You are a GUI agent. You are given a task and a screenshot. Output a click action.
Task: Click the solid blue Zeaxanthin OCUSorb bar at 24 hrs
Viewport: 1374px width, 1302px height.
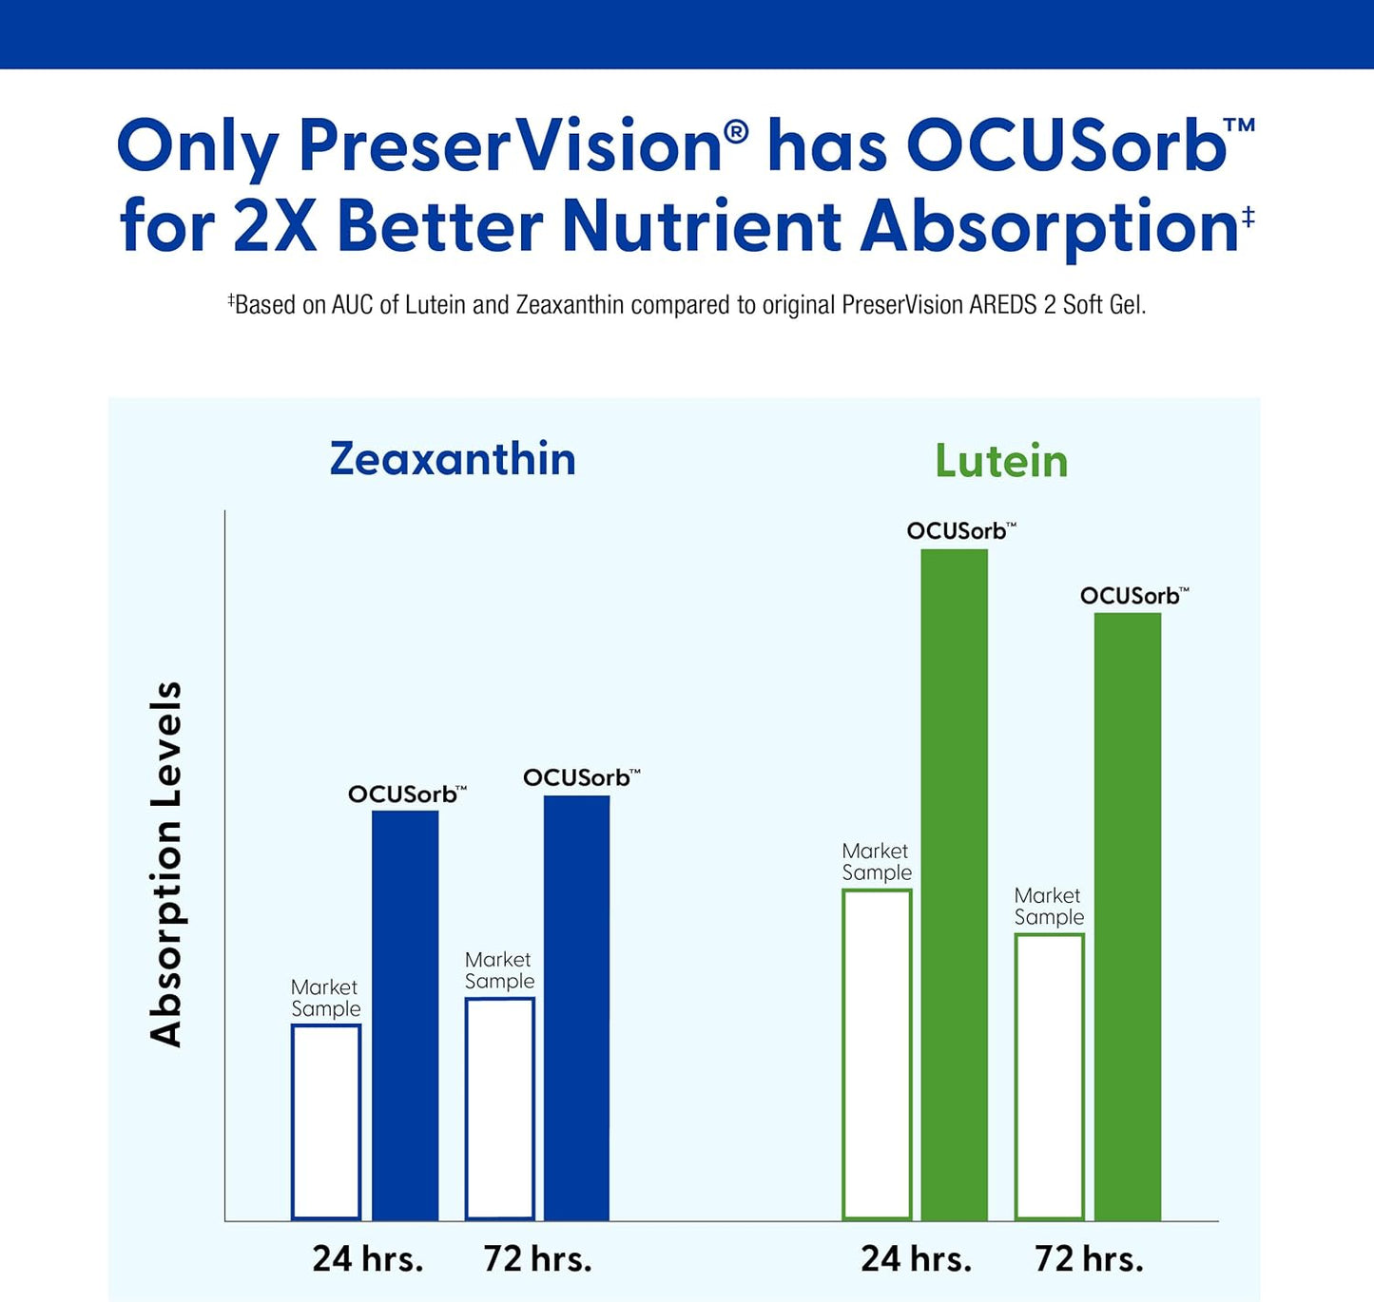[405, 1015]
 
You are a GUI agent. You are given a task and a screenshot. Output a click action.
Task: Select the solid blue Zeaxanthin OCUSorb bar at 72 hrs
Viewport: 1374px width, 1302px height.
[576, 1007]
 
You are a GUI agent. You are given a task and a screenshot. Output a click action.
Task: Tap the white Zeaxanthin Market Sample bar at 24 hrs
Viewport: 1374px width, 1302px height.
[326, 1121]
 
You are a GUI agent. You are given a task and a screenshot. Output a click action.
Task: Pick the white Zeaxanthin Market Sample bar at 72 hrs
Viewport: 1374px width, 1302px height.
[499, 1108]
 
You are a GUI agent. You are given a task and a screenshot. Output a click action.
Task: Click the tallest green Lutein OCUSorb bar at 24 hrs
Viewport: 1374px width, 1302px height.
[954, 884]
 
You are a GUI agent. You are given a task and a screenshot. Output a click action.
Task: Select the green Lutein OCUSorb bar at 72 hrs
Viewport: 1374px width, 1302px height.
[1128, 916]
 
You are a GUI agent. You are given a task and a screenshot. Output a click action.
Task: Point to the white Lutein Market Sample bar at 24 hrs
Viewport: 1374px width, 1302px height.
[877, 1054]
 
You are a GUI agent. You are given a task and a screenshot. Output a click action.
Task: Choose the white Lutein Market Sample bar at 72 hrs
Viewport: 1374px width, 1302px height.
[1050, 1076]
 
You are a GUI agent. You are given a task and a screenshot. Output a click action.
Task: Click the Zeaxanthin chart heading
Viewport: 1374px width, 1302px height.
[453, 459]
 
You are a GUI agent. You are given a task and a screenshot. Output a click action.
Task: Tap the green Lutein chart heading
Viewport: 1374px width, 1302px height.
[1001, 462]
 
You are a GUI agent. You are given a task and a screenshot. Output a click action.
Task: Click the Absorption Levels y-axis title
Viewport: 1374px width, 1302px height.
[166, 864]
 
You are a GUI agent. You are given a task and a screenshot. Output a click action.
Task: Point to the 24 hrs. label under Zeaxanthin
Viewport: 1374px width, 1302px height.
[368, 1258]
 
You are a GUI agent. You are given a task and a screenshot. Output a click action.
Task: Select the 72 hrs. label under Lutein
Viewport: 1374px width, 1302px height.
[1089, 1258]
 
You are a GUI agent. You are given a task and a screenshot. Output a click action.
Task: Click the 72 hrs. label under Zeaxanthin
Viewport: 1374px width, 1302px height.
[537, 1258]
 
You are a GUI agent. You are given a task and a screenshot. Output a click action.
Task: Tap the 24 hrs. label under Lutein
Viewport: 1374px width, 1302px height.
[916, 1258]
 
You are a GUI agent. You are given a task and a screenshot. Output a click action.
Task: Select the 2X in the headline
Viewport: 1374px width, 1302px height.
[275, 226]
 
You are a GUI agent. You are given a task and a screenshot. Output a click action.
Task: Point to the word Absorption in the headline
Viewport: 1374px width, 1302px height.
[1049, 228]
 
